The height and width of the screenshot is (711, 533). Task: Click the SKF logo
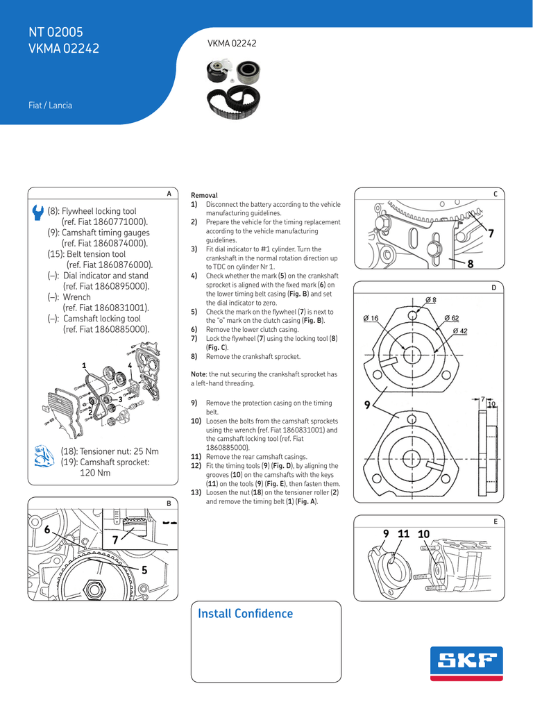tap(466, 664)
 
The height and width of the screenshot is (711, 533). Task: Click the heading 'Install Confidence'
tap(245, 614)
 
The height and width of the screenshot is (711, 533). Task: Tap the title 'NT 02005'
tap(56, 32)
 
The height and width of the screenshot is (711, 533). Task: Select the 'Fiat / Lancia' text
tap(50, 106)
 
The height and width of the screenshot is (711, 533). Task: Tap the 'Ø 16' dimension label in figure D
tap(371, 318)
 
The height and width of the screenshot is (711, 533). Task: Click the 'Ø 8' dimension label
tap(430, 299)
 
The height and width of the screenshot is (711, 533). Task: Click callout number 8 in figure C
tap(470, 264)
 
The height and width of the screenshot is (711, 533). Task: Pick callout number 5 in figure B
tap(144, 570)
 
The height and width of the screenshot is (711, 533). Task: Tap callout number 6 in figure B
tap(47, 530)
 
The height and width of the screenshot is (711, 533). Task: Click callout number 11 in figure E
tap(404, 533)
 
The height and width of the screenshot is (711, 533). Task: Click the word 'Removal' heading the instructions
tap(204, 196)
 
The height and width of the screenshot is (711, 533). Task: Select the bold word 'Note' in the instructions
tap(198, 374)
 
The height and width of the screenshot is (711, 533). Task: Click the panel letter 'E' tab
tap(496, 521)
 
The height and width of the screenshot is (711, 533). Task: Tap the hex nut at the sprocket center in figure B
tap(92, 589)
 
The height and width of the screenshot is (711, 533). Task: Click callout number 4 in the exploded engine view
tap(130, 365)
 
